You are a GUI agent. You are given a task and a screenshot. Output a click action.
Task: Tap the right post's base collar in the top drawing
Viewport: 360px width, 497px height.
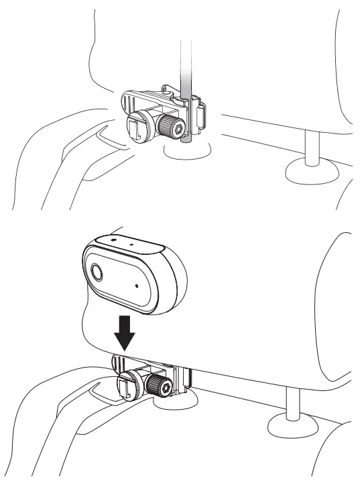click(x=312, y=173)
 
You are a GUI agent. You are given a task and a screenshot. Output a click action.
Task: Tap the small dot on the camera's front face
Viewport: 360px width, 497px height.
click(x=137, y=285)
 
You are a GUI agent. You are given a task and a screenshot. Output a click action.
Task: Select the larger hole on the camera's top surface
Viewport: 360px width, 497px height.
click(x=113, y=238)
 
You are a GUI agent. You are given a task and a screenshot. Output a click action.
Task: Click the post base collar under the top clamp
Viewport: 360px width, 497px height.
click(x=190, y=150)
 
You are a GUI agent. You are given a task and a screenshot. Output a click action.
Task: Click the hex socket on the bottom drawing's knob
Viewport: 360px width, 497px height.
click(x=166, y=387)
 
